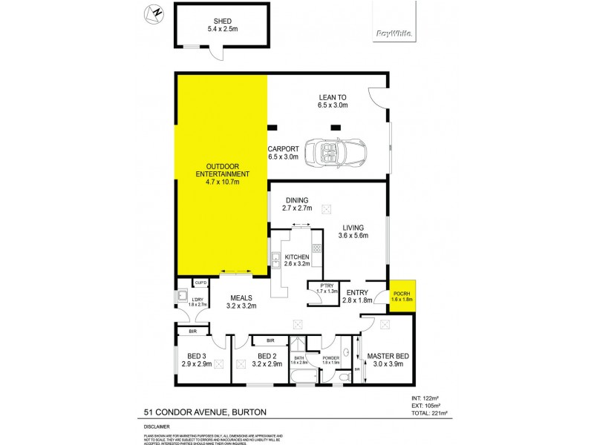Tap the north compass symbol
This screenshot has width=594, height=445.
(x=155, y=12)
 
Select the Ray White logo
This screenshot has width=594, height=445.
(x=394, y=32)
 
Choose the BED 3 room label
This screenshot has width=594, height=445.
(x=196, y=360)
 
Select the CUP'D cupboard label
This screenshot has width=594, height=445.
(x=200, y=283)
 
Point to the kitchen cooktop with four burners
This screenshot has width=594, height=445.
(x=316, y=249)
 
